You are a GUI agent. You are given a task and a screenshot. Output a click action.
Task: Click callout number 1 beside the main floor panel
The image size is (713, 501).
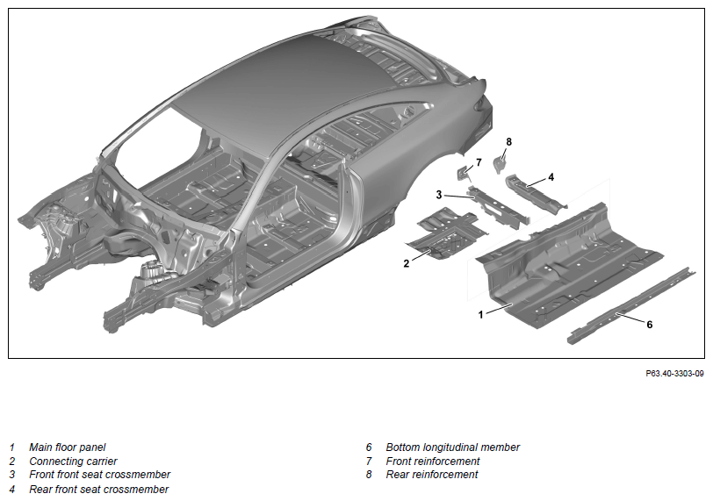tap(480, 314)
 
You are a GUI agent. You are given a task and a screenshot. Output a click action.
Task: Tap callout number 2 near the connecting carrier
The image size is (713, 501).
tap(406, 263)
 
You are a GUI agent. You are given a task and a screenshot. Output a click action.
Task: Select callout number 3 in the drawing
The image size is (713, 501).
tap(439, 195)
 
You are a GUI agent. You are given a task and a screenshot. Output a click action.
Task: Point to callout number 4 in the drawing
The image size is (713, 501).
tap(551, 177)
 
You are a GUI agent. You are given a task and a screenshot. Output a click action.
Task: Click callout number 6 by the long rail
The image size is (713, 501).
tap(650, 325)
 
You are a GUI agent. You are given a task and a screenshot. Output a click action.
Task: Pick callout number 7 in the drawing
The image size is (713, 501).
tap(479, 162)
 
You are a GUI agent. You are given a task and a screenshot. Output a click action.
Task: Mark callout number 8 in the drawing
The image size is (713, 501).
tap(508, 142)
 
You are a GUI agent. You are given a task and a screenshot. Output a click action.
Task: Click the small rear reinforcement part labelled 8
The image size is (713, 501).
tap(501, 164)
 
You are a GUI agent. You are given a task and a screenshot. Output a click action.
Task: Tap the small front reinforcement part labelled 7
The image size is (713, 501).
tap(464, 173)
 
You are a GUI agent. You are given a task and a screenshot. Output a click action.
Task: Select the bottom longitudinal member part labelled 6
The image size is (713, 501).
tap(632, 305)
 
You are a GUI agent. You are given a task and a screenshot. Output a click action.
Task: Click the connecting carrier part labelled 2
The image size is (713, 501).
tap(447, 233)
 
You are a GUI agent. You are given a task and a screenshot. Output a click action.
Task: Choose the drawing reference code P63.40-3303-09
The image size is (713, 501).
tap(674, 374)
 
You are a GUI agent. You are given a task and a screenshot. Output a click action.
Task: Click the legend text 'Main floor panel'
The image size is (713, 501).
tap(68, 447)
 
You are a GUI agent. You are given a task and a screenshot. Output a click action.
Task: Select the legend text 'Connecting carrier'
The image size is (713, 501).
tap(73, 461)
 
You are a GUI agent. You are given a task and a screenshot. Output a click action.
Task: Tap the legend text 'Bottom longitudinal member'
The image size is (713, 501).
tap(452, 447)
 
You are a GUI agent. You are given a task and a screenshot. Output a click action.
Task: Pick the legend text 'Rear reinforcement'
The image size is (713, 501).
tap(432, 475)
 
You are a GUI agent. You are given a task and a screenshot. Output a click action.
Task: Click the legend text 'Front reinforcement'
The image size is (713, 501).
tap(433, 461)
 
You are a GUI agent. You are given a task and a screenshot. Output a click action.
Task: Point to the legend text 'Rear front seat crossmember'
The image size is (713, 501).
tap(98, 490)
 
